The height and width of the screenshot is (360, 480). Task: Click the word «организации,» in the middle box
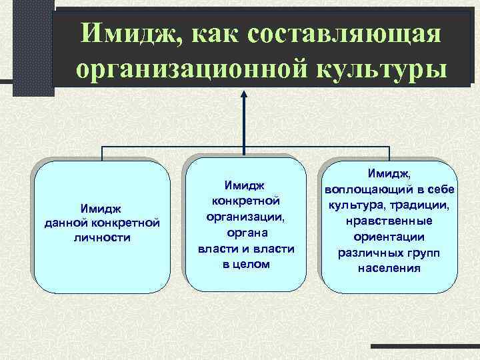[243, 217]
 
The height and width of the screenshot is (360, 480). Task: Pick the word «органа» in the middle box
[243, 233]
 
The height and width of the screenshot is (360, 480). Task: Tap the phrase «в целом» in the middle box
[243, 264]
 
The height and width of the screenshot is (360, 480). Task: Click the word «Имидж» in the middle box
[243, 185]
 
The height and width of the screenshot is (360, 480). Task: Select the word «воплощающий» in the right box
[367, 189]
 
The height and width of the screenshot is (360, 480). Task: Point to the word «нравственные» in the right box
[389, 221]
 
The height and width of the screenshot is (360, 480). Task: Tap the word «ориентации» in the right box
[389, 237]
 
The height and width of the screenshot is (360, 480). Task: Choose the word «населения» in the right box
[389, 268]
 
